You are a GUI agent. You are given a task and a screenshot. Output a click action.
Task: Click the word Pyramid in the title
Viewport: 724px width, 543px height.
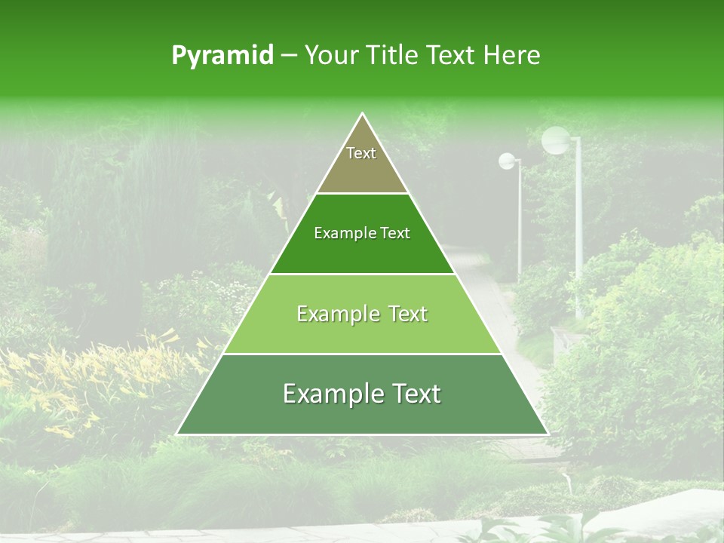pyautogui.click(x=222, y=56)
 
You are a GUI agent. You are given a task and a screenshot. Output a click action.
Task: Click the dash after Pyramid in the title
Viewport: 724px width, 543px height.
pyautogui.click(x=288, y=56)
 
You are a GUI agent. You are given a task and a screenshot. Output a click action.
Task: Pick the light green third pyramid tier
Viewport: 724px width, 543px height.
pyautogui.click(x=362, y=332)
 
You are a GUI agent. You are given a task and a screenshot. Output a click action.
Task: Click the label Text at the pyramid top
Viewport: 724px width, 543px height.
pyautogui.click(x=361, y=153)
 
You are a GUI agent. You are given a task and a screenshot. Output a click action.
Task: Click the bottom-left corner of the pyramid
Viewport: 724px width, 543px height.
pyautogui.click(x=177, y=434)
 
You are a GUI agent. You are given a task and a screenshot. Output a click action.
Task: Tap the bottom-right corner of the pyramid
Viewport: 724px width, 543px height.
pyautogui.click(x=548, y=434)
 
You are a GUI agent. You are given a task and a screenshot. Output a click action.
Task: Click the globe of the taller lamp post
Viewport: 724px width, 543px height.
pyautogui.click(x=557, y=140)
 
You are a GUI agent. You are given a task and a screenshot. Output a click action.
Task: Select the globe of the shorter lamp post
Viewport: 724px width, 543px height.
pyautogui.click(x=507, y=161)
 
